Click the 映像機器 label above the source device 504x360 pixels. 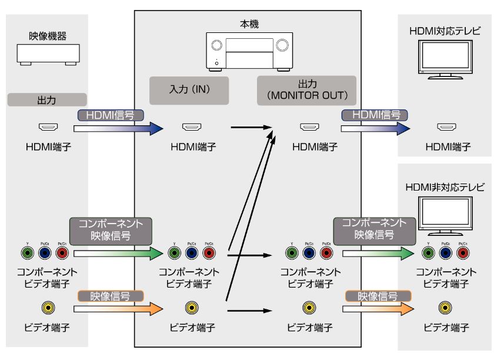pos(48,37)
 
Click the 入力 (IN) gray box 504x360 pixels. pos(188,90)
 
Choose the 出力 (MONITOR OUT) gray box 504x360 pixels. pos(308,89)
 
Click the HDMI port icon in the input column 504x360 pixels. pos(191,126)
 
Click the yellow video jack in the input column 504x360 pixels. pos(191,307)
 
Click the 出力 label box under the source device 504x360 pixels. pos(48,99)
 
